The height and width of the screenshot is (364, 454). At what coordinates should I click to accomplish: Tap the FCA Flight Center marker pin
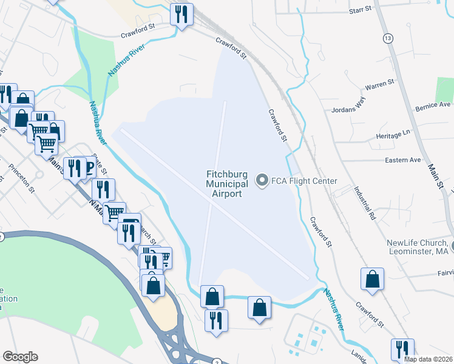click(x=262, y=180)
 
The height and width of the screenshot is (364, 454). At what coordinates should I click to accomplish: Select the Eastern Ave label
click(x=403, y=160)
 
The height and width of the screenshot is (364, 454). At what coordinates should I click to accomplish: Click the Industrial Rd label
click(x=363, y=203)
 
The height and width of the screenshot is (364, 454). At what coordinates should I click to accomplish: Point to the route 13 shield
click(x=387, y=38)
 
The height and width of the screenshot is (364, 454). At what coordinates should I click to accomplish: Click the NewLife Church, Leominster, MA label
click(x=417, y=248)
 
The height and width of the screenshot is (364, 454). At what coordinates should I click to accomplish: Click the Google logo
click(x=20, y=357)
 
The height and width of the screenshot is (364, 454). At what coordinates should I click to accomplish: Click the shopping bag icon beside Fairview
click(x=373, y=279)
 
